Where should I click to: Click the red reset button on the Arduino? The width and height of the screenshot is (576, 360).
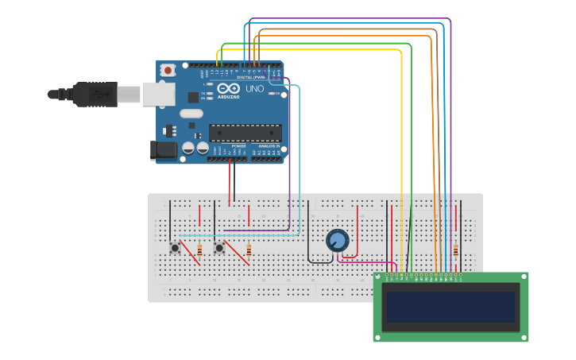tap(168, 71)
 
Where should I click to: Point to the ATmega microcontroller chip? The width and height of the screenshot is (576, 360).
tap(245, 133)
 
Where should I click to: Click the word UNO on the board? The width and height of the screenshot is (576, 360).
tap(255, 89)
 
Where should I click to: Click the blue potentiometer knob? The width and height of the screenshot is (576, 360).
tap(338, 240)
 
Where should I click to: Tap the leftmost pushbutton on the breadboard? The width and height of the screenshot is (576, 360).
tap(175, 248)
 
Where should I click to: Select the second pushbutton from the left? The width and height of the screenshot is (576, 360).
tap(219, 248)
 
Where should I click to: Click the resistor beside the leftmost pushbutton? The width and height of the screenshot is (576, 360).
tap(199, 250)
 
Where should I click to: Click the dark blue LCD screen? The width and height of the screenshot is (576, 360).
tap(450, 307)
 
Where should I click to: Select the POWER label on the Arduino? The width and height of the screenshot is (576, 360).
tap(238, 146)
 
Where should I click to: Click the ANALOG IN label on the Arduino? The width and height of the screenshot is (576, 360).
tap(266, 146)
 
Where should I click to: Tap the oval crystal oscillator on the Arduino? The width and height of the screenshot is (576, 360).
tap(191, 113)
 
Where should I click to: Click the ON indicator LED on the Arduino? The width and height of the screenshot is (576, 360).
tap(273, 94)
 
